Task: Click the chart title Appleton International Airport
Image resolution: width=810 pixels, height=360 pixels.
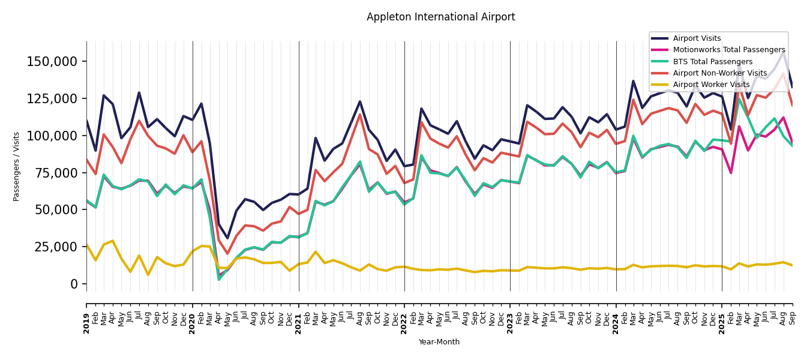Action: [440, 17]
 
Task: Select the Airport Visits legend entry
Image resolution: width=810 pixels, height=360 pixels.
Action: [697, 38]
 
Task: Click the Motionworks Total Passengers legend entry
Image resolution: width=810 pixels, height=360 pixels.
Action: [728, 50]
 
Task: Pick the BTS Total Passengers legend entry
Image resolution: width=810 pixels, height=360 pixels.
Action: [712, 62]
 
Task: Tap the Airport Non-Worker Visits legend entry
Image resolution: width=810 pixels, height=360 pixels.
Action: [719, 73]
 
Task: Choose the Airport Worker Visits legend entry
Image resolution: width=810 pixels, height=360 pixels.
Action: [711, 85]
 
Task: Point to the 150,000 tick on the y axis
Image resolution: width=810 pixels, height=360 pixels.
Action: [52, 62]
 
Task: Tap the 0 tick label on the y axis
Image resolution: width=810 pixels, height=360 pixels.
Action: [74, 284]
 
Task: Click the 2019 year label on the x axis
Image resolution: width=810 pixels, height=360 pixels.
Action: [86, 315]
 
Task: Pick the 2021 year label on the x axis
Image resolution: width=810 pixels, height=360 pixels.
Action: [299, 315]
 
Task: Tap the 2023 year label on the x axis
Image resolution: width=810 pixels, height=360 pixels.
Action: [511, 315]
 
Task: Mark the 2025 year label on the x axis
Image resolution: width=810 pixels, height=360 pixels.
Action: [722, 315]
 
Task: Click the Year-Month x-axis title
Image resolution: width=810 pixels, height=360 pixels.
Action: [439, 342]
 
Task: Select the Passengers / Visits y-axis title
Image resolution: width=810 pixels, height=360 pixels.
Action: [17, 166]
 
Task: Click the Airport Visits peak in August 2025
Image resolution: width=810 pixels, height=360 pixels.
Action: [784, 52]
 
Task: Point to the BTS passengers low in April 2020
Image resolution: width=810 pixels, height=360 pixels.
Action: [219, 279]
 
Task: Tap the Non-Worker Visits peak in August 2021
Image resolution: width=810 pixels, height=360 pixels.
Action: [360, 115]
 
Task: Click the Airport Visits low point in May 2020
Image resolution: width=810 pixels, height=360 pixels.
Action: [227, 238]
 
